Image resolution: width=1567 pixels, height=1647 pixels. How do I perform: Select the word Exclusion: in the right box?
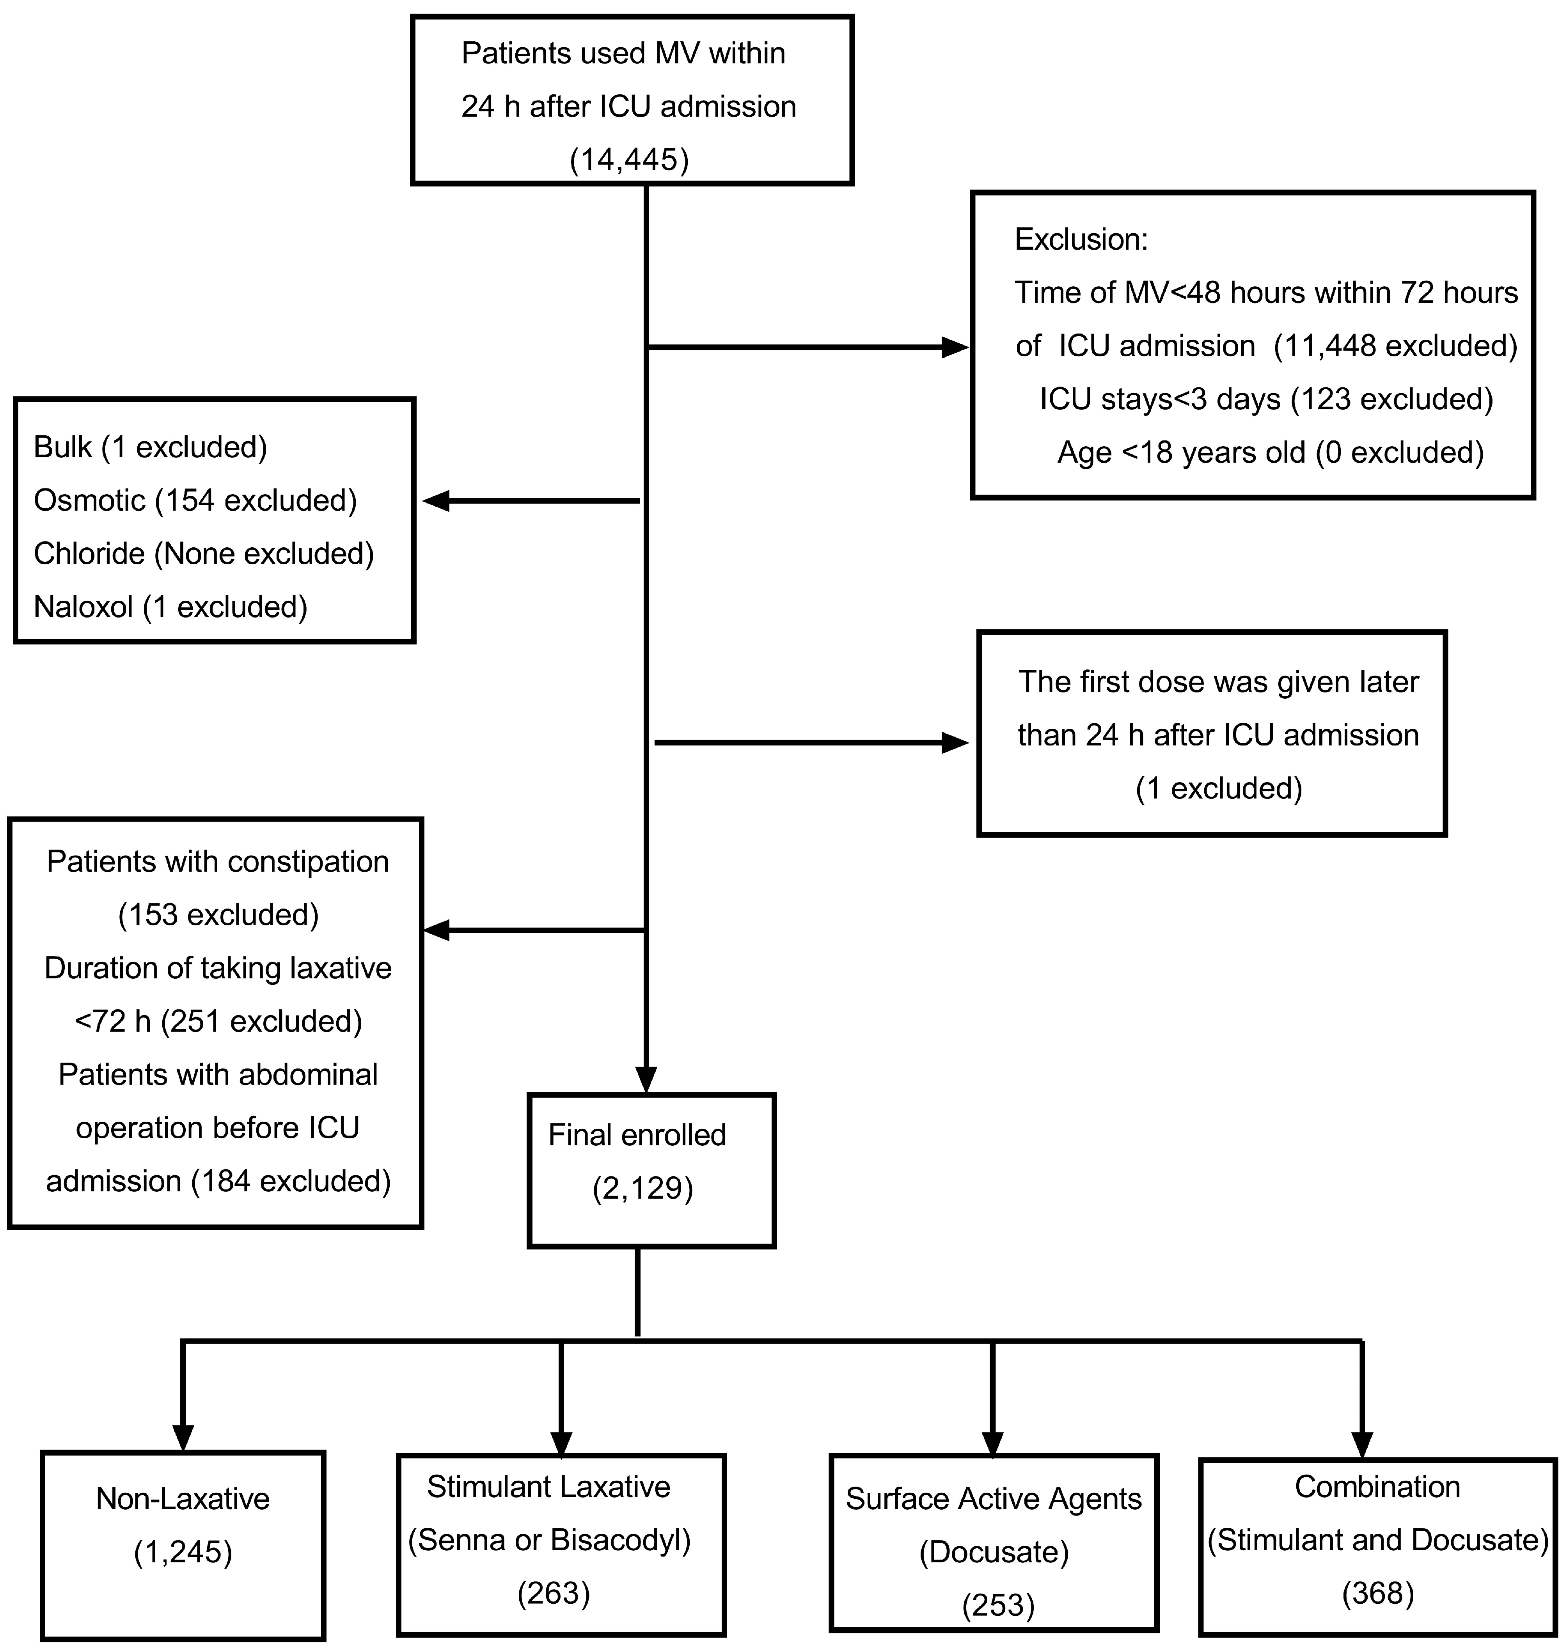[1081, 240]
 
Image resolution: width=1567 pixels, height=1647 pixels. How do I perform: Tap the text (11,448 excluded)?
[1395, 346]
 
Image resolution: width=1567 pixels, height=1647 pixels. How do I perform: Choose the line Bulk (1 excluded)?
[150, 448]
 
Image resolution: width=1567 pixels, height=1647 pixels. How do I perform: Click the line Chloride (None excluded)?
[203, 554]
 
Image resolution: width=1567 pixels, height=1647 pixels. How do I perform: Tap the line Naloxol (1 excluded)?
[170, 607]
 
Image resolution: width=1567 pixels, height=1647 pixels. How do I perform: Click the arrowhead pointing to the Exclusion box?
[955, 348]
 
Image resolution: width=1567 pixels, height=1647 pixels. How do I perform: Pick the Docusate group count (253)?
[998, 1605]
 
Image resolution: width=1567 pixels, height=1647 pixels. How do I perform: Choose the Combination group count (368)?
[1377, 1594]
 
